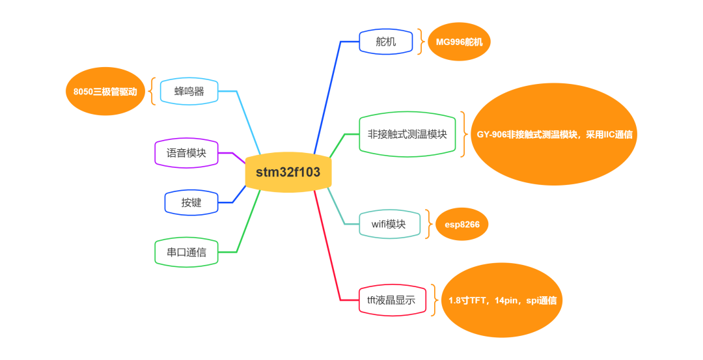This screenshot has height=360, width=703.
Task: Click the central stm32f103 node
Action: click(288, 173)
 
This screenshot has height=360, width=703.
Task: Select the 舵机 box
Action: click(386, 42)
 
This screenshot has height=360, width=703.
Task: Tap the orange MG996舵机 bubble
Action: click(459, 42)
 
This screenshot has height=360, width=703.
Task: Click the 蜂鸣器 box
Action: click(189, 91)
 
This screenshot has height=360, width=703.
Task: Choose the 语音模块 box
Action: click(186, 153)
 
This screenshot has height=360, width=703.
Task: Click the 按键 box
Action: click(191, 202)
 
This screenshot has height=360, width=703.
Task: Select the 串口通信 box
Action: click(186, 252)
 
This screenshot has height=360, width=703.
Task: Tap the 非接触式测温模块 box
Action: click(407, 134)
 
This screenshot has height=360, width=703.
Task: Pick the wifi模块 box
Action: click(389, 224)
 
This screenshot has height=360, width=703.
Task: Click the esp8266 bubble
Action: click(462, 225)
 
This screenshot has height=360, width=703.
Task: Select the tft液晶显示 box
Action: click(392, 300)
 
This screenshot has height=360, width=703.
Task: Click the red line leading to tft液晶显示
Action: click(329, 247)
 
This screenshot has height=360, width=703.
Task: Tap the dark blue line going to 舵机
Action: click(327, 98)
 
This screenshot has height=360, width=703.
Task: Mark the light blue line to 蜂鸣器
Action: click(247, 120)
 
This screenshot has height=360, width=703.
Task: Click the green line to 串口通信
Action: click(247, 221)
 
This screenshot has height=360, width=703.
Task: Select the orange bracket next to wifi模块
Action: click(428, 224)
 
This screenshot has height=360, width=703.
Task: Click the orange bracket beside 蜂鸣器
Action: click(152, 91)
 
